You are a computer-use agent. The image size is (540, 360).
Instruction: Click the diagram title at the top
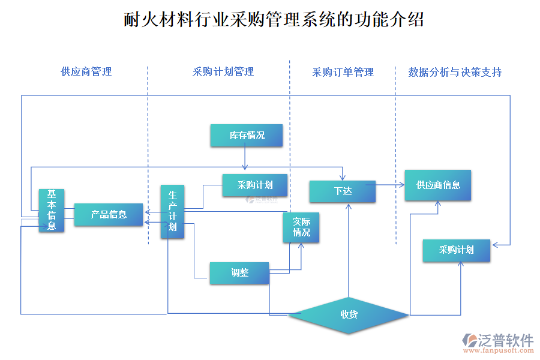(x=274, y=20)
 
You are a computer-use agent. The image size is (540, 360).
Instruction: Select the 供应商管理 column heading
(x=86, y=72)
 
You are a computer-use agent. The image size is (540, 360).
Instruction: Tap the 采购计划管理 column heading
(x=223, y=72)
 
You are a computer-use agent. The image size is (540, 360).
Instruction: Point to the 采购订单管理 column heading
(x=343, y=73)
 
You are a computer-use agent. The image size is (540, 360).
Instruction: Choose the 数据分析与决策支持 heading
(x=455, y=73)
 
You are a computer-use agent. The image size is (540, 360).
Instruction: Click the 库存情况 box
(x=247, y=136)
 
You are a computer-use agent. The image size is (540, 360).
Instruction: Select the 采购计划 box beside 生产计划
(x=256, y=185)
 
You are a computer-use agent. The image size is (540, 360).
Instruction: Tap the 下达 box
(x=343, y=191)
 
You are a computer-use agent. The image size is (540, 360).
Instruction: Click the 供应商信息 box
(x=438, y=185)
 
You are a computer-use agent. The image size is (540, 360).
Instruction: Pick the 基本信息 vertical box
(x=52, y=210)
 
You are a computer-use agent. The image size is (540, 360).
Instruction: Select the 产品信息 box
(x=109, y=214)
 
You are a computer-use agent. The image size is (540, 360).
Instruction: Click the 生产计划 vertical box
(x=172, y=212)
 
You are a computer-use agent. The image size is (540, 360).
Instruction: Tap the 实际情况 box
(x=301, y=227)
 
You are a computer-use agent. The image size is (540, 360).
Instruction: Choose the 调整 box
(x=239, y=272)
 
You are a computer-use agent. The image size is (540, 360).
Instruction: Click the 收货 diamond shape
(x=349, y=314)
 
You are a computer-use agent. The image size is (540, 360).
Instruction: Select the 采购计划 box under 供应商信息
(x=456, y=250)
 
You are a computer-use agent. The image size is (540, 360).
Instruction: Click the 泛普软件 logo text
(x=505, y=340)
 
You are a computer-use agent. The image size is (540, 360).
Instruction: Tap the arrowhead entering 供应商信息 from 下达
(x=402, y=185)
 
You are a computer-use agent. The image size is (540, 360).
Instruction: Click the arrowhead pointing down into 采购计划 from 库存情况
(x=245, y=169)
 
